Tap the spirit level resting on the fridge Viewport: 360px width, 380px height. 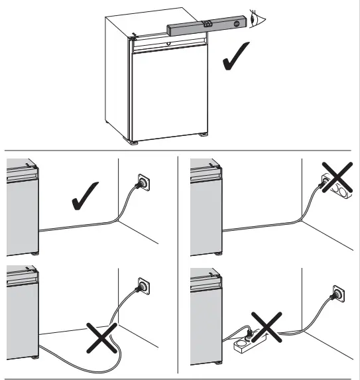(205, 27)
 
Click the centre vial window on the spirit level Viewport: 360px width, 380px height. (208, 23)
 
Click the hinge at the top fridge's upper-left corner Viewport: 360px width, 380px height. (133, 38)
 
